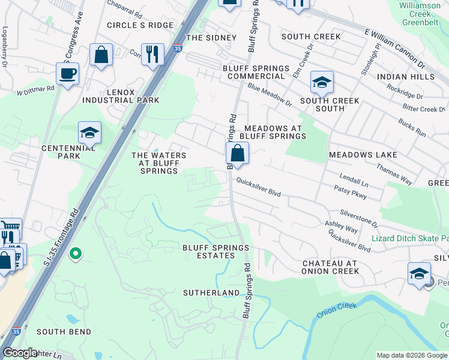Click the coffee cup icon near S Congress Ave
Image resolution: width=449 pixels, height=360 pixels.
point(67,74)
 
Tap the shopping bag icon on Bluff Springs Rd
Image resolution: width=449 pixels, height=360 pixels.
point(238,154)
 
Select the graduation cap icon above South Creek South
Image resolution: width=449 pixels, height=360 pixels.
point(322,82)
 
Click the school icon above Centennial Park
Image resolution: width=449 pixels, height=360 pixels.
point(89,133)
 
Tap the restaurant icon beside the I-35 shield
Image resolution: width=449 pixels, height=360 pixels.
point(152,54)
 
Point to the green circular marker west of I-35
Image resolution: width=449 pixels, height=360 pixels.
point(75,254)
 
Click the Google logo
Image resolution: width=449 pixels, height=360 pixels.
point(20,353)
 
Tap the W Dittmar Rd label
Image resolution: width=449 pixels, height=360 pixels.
point(35,91)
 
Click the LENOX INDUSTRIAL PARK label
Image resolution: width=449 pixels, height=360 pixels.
point(121,96)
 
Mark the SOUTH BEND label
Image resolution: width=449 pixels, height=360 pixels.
point(64,332)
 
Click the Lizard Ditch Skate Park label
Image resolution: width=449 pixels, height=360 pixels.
point(409,238)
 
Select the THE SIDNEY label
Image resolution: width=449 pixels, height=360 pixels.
point(211,38)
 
